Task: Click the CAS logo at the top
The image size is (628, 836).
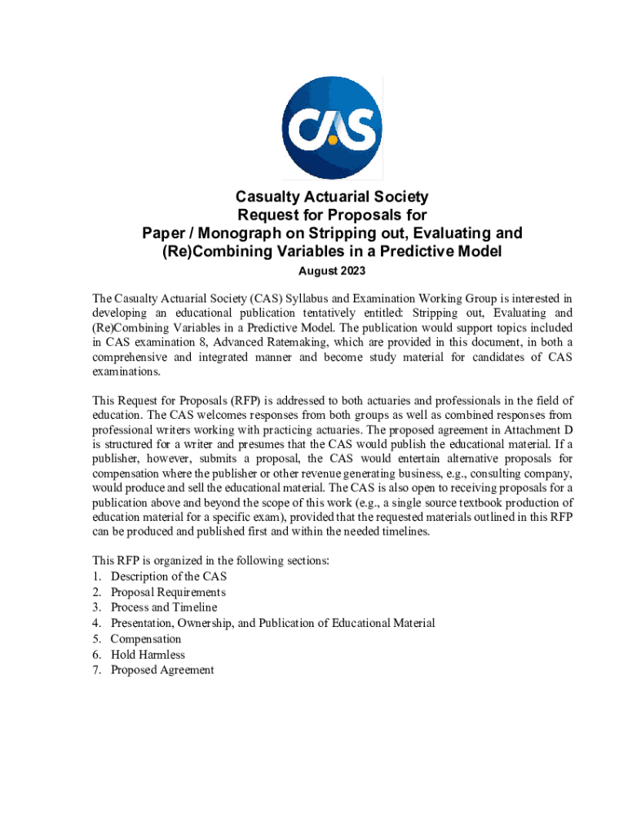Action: click(331, 127)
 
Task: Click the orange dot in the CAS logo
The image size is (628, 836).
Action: click(333, 140)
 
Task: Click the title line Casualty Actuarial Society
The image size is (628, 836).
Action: click(331, 197)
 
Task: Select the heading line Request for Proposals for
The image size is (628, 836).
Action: click(331, 216)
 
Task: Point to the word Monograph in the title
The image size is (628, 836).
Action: click(231, 233)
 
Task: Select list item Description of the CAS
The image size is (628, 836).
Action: click(169, 576)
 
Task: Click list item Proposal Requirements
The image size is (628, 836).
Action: click(168, 592)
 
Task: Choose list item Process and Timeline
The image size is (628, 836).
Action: click(164, 607)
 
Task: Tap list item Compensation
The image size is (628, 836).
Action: click(146, 639)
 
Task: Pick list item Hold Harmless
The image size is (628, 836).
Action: click(148, 655)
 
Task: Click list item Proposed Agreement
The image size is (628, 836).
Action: click(162, 670)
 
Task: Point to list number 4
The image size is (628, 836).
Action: click(96, 623)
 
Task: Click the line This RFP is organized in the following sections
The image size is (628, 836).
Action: click(210, 561)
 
